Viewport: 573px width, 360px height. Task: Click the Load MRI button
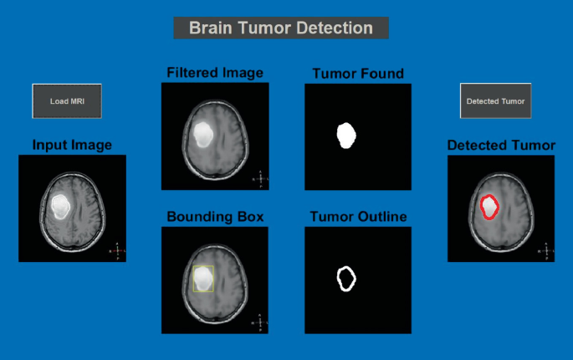67,101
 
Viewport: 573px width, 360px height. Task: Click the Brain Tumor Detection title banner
281,28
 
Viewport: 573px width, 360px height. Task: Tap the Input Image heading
72,145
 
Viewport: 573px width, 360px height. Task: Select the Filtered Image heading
215,73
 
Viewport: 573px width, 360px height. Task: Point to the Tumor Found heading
358,74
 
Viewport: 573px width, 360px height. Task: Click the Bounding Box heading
215,217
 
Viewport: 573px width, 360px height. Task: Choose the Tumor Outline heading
358,217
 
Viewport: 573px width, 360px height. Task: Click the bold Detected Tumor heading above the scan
501,145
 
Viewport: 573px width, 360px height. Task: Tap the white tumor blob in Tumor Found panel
346,136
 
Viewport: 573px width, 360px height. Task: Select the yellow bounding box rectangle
193,279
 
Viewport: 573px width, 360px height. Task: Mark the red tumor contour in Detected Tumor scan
481,208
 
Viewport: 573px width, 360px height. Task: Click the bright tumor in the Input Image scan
60,206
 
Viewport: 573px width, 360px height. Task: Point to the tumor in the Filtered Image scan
203,135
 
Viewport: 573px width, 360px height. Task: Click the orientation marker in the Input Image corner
117,251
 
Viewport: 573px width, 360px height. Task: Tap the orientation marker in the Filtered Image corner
260,179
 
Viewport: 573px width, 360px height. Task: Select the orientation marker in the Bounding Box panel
260,322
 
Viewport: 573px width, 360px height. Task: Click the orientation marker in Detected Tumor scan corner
546,251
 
